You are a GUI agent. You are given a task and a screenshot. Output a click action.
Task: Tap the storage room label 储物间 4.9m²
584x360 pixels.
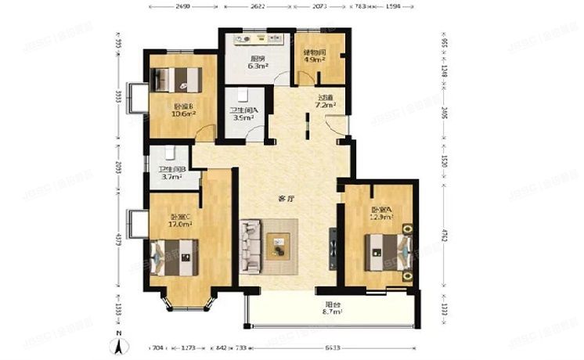tap(315, 57)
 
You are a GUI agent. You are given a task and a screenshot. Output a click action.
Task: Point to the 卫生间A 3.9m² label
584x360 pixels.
tap(242, 114)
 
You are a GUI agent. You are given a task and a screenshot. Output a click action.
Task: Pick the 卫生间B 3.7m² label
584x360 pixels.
tap(170, 173)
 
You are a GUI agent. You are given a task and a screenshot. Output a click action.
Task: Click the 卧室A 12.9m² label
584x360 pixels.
tap(381, 213)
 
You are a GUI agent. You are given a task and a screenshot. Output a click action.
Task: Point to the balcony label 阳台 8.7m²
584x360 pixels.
tap(333, 308)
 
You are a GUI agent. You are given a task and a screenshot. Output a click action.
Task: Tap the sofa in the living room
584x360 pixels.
tap(252, 246)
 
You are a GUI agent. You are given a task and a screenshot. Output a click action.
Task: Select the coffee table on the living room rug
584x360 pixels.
tap(278, 246)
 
